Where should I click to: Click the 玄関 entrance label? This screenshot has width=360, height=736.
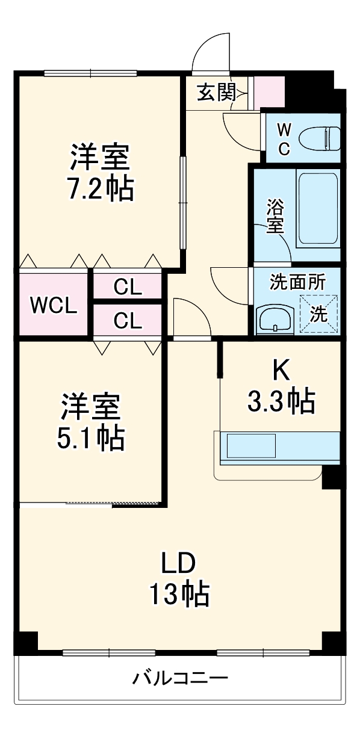[x=215, y=93]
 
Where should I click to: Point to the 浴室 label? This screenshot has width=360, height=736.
[x=275, y=217]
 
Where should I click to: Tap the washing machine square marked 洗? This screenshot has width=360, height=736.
[x=318, y=314]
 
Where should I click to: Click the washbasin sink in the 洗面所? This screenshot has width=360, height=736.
[x=275, y=320]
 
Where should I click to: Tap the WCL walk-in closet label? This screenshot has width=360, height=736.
[x=54, y=306]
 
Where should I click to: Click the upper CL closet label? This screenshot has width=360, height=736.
[x=128, y=288]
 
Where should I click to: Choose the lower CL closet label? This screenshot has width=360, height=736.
[x=128, y=321]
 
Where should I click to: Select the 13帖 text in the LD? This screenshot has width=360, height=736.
[x=179, y=595]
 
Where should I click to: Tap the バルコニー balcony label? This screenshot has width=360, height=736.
[x=181, y=679]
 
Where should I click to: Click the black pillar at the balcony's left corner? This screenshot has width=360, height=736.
[x=25, y=643]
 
